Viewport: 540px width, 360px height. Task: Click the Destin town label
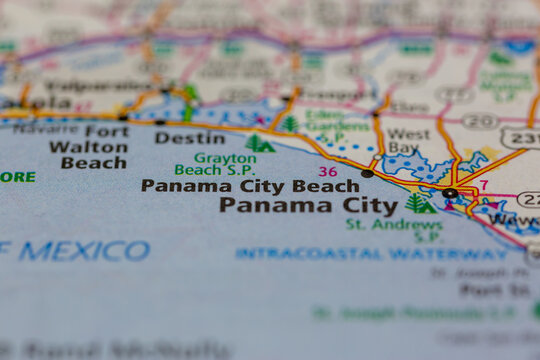coord(190,137)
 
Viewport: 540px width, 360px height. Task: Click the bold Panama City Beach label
coord(250,186)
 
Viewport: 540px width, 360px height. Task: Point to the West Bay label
coord(408,140)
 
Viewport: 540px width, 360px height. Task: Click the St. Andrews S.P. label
coord(394,231)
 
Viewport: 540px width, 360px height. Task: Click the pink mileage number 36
coord(328,171)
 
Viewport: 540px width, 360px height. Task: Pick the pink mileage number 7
coord(484,184)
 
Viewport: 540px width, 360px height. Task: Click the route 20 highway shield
coord(480,121)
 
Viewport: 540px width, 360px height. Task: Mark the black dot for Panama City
coord(451,193)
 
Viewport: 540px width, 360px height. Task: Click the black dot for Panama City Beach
coord(367,173)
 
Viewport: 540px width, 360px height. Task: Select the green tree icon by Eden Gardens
coord(289,124)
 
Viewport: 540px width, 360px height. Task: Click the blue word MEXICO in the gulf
coord(85,251)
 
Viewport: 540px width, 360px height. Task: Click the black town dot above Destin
coord(160,122)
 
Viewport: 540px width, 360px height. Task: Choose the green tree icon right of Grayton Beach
coord(259,145)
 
